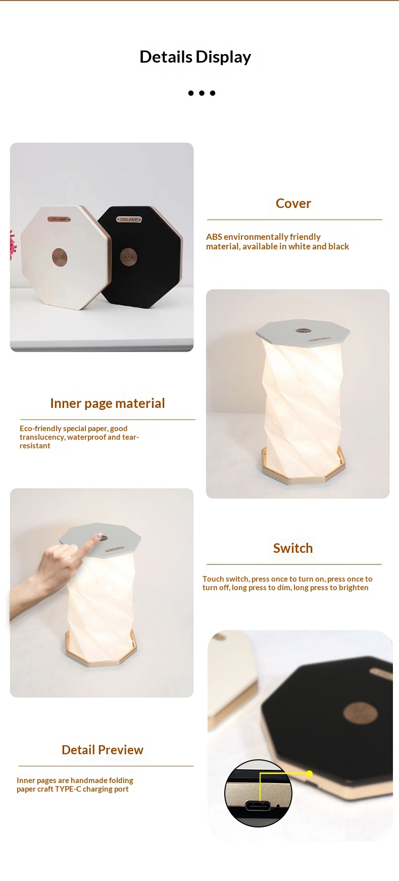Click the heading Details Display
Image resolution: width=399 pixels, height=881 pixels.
tap(195, 57)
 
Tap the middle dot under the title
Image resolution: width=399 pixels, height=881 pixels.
tap(202, 93)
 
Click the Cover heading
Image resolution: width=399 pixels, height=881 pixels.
tap(293, 203)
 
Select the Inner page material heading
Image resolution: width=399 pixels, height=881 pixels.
tap(108, 403)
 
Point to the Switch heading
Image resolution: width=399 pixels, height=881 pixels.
tap(293, 548)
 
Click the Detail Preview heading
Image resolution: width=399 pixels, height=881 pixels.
tap(103, 750)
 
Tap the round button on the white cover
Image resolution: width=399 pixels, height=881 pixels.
tap(60, 256)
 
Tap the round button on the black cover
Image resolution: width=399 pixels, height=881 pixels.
tap(128, 257)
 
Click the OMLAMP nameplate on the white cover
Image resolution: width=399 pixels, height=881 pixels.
tap(59, 219)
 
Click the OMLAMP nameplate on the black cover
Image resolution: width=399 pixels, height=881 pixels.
tap(129, 220)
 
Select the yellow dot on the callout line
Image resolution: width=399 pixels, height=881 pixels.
tap(309, 773)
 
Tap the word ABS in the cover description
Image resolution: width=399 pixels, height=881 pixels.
tap(214, 237)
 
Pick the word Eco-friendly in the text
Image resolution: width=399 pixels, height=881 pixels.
tap(40, 429)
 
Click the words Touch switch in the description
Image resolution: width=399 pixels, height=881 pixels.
tap(226, 579)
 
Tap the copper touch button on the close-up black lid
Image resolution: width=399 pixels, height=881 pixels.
tap(360, 712)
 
